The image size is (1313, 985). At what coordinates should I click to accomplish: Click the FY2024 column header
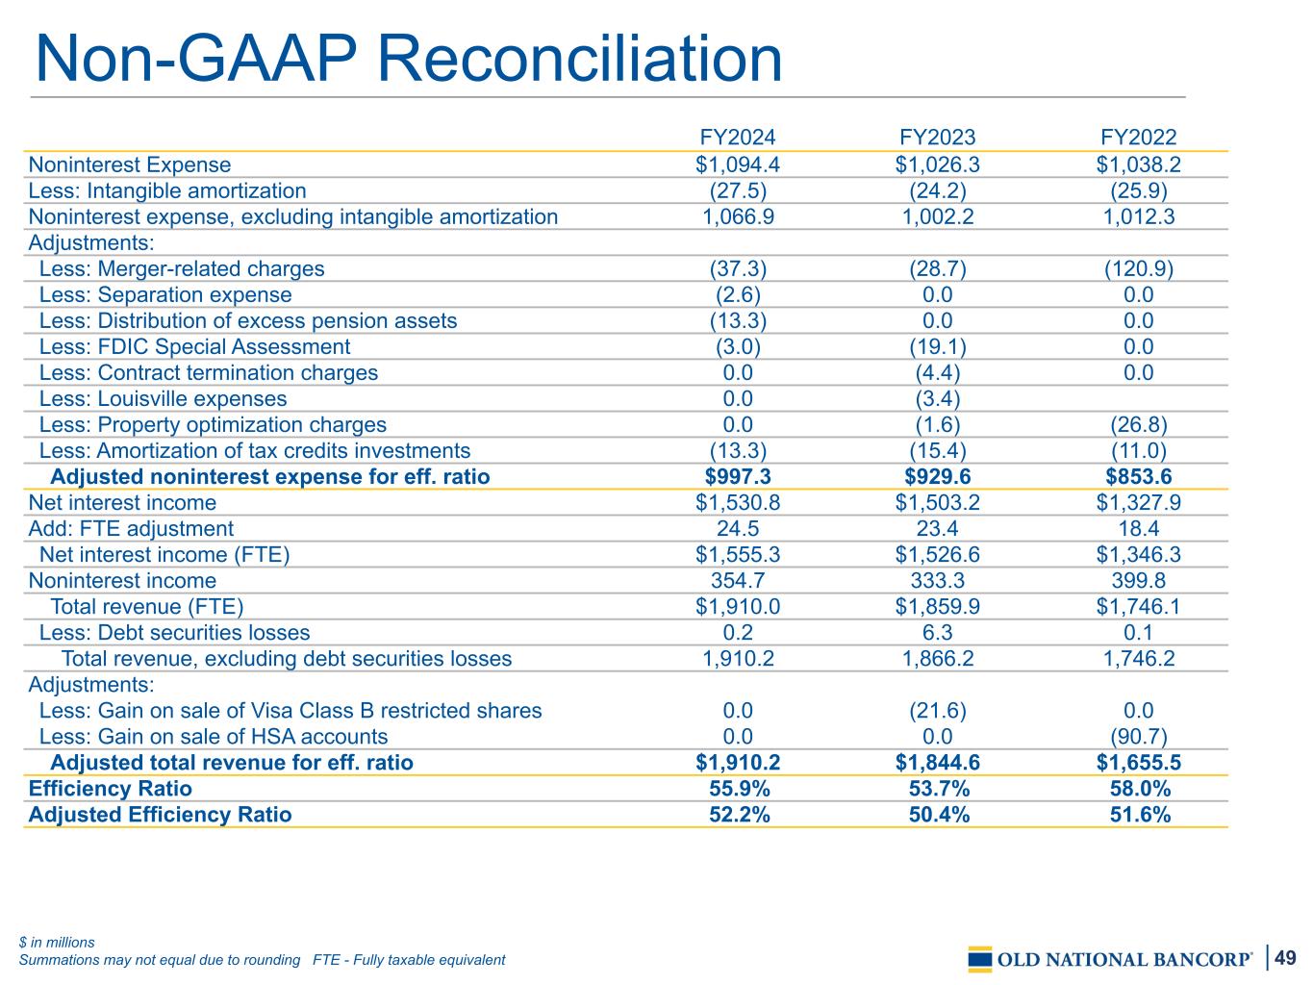point(738,138)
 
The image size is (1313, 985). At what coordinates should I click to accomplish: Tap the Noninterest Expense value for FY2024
point(738,164)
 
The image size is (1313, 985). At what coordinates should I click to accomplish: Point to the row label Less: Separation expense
point(165,294)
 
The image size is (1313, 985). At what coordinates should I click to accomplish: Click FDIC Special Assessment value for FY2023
point(938,346)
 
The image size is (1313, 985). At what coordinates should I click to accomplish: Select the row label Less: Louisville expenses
point(163,398)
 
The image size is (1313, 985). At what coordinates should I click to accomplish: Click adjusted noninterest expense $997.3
point(738,476)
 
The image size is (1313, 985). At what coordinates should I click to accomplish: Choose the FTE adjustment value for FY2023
point(938,528)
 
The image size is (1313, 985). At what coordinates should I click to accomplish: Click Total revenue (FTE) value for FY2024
point(738,606)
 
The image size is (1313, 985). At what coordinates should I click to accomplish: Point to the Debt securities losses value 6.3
point(938,632)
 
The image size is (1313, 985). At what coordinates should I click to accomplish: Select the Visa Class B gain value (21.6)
point(938,710)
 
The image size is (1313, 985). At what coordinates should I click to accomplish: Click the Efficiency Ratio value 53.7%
point(938,789)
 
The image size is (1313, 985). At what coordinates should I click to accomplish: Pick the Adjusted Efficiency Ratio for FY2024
point(738,815)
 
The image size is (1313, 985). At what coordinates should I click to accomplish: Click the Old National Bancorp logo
point(1110,959)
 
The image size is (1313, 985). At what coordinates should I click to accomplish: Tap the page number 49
point(1286,957)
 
